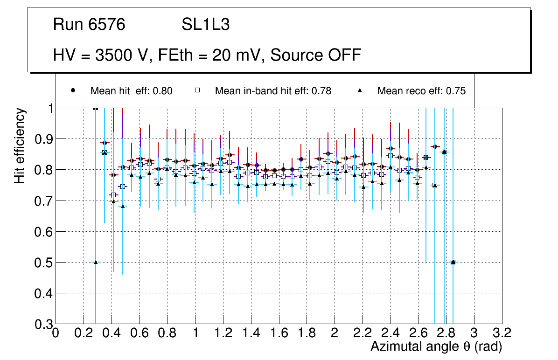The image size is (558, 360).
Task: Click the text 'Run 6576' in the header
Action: pos(89,25)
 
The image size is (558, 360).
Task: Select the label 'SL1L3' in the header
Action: pos(205,25)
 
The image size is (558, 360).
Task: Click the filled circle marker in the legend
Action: pos(73,90)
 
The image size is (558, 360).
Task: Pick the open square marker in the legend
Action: pos(197,90)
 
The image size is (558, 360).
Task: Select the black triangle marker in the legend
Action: pos(360,90)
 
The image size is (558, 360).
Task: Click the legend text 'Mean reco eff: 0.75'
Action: pos(421,91)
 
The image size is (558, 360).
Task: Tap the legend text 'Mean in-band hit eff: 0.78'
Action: pos(273,91)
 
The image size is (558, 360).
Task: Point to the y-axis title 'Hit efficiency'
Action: pos(20,145)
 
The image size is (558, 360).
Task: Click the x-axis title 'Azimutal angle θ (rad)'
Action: pos(436,346)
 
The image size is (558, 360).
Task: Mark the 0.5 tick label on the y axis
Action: pos(42,263)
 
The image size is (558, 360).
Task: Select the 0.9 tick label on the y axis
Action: pos(42,139)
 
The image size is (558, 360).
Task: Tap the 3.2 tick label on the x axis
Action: pos(502,333)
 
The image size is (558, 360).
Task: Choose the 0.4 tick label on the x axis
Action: pos(112,333)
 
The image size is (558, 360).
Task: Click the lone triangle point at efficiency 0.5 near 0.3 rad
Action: pos(96,262)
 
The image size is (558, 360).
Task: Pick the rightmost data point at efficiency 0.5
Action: pos(453,262)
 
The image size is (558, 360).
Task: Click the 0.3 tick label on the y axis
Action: pos(42,324)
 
